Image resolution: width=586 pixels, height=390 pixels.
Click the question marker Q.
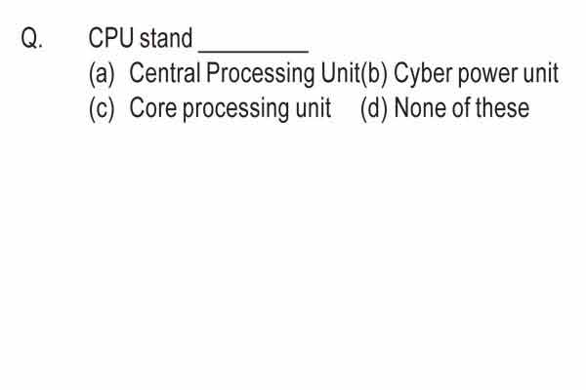(x=32, y=38)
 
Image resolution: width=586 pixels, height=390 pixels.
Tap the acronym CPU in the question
(x=111, y=38)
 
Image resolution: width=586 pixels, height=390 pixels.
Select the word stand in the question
(x=166, y=38)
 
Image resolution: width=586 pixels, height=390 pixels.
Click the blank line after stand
(x=253, y=51)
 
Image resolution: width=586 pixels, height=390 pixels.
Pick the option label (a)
(x=102, y=73)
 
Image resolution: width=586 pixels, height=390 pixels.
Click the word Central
(x=165, y=72)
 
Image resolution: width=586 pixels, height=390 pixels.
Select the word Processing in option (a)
(x=261, y=74)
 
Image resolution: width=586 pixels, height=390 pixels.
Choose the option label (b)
(x=374, y=73)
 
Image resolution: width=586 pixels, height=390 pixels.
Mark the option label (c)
(x=102, y=108)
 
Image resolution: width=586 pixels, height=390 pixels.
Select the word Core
(x=153, y=108)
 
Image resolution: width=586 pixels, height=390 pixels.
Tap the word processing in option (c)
(x=235, y=109)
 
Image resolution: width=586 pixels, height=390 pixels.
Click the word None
(x=420, y=108)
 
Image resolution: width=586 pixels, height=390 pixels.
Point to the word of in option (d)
(x=461, y=107)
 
